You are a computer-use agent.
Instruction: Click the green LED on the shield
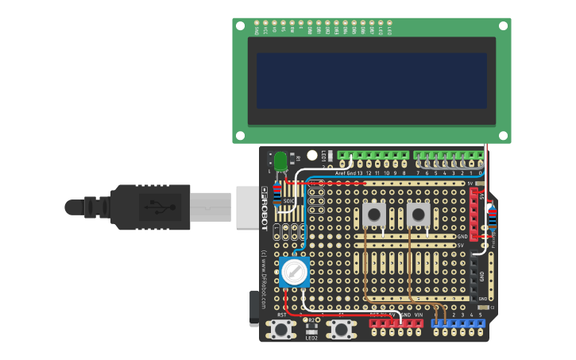click(x=280, y=159)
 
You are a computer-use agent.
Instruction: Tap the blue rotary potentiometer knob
click(x=294, y=273)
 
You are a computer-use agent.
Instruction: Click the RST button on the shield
click(x=281, y=329)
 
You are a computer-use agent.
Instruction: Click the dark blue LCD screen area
click(x=371, y=80)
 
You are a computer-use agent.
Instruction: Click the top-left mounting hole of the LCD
click(x=240, y=25)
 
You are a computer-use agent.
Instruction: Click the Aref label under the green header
click(x=340, y=172)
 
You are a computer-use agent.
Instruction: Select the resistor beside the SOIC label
click(x=276, y=192)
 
